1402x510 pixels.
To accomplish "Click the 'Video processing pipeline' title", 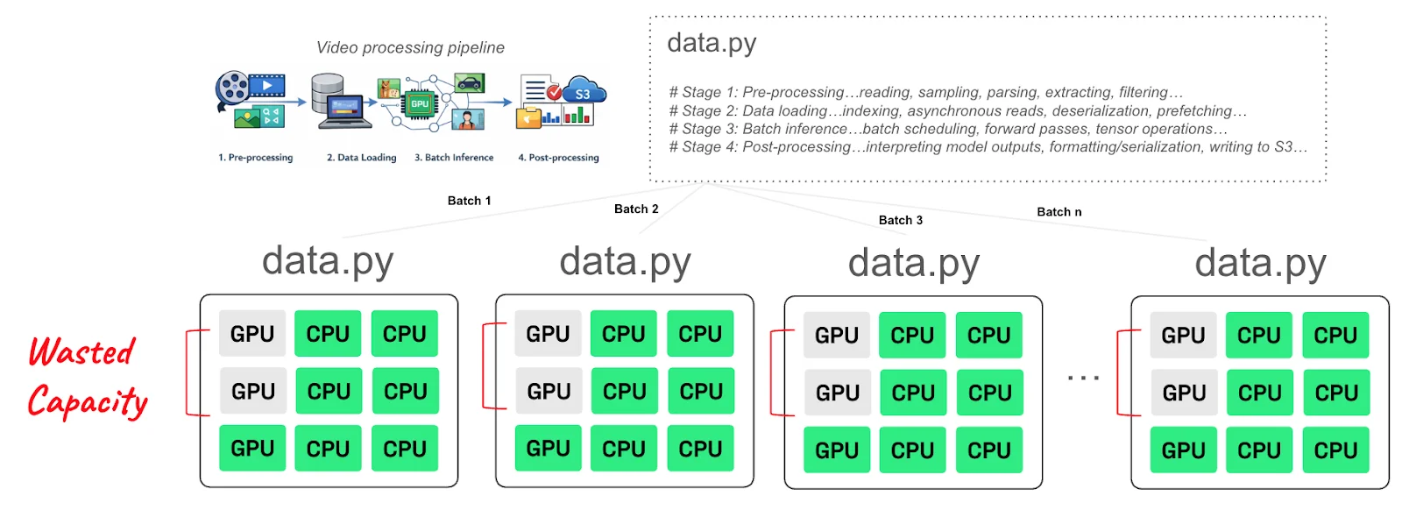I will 410,47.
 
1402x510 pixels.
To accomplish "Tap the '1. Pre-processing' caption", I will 255,158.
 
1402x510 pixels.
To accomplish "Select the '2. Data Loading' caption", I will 361,158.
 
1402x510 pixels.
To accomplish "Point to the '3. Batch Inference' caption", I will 454,158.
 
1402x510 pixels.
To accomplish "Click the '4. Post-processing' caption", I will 558,158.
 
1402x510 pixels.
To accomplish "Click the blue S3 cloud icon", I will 583,92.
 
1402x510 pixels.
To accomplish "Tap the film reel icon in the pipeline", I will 232,89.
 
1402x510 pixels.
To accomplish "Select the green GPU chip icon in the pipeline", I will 420,103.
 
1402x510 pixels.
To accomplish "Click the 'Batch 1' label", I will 469,201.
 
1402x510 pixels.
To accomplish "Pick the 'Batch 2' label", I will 636,209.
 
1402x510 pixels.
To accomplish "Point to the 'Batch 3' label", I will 901,220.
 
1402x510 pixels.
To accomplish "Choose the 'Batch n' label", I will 1059,212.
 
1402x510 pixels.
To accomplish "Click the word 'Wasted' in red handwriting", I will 81,352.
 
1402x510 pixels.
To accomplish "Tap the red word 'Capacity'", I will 88,401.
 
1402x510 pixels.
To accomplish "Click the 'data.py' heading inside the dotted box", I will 712,43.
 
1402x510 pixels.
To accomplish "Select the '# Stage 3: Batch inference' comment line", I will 947,129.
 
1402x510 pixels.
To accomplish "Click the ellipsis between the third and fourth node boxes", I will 1083,378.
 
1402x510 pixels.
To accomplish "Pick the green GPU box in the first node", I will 252,448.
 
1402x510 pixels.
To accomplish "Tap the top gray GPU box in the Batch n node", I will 1183,336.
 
